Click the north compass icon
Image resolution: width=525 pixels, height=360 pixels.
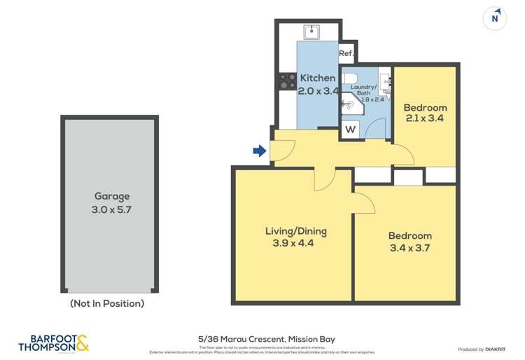495,18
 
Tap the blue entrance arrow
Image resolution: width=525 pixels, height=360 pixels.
259,151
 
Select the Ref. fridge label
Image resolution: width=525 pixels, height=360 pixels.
346,53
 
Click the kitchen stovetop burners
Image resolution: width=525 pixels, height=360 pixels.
287,81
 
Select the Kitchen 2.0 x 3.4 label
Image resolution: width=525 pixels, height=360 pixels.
318,84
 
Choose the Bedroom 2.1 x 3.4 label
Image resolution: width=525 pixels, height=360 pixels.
425,113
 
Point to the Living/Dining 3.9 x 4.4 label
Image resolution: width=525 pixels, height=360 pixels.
295,237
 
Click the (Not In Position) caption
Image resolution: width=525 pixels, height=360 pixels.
107,303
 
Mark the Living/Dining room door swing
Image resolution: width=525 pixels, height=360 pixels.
325,181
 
